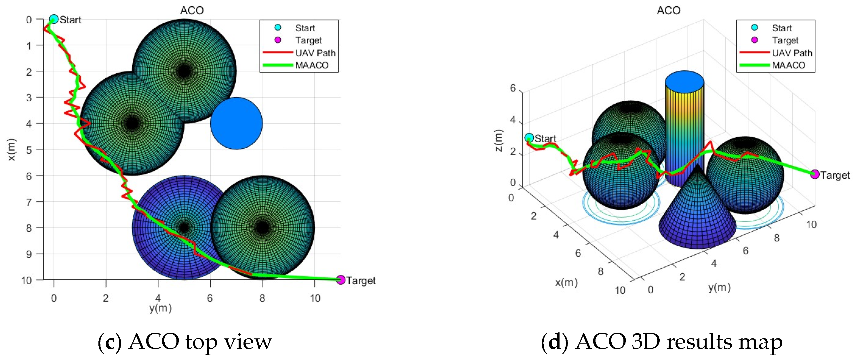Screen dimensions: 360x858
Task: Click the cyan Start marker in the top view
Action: pyautogui.click(x=54, y=19)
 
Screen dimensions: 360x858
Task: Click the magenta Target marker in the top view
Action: pyautogui.click(x=340, y=280)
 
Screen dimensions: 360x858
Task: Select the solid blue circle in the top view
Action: pyautogui.click(x=236, y=123)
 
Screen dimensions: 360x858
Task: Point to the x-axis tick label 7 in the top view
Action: pyautogui.click(x=29, y=202)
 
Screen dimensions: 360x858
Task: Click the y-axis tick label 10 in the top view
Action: pyautogui.click(x=315, y=298)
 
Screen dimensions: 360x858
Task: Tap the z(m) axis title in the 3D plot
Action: pyautogui.click(x=499, y=140)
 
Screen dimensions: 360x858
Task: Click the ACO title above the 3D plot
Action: pyautogui.click(x=669, y=11)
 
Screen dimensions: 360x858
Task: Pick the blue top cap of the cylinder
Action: pyautogui.click(x=684, y=82)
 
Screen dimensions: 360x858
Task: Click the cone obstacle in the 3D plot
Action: pyautogui.click(x=697, y=216)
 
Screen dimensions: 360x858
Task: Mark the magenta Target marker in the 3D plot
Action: pyautogui.click(x=814, y=174)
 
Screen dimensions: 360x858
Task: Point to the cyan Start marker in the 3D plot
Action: pyautogui.click(x=529, y=138)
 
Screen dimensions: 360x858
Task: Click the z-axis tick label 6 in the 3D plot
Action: pyautogui.click(x=513, y=88)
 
